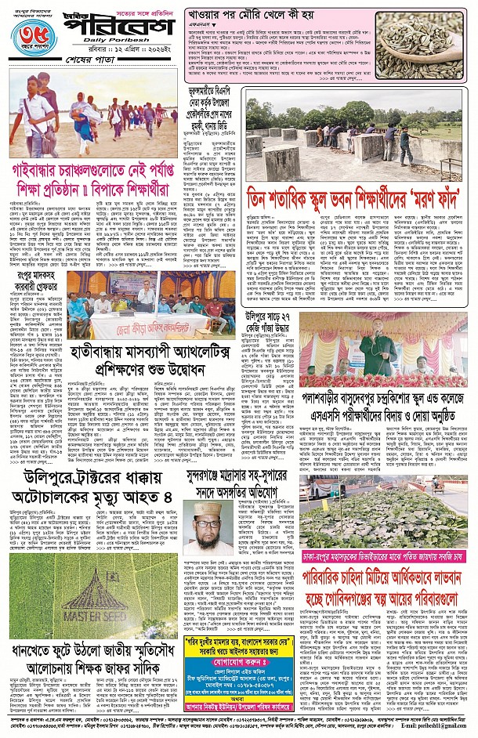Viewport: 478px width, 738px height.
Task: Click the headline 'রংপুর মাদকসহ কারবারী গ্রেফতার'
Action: tap(36, 280)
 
